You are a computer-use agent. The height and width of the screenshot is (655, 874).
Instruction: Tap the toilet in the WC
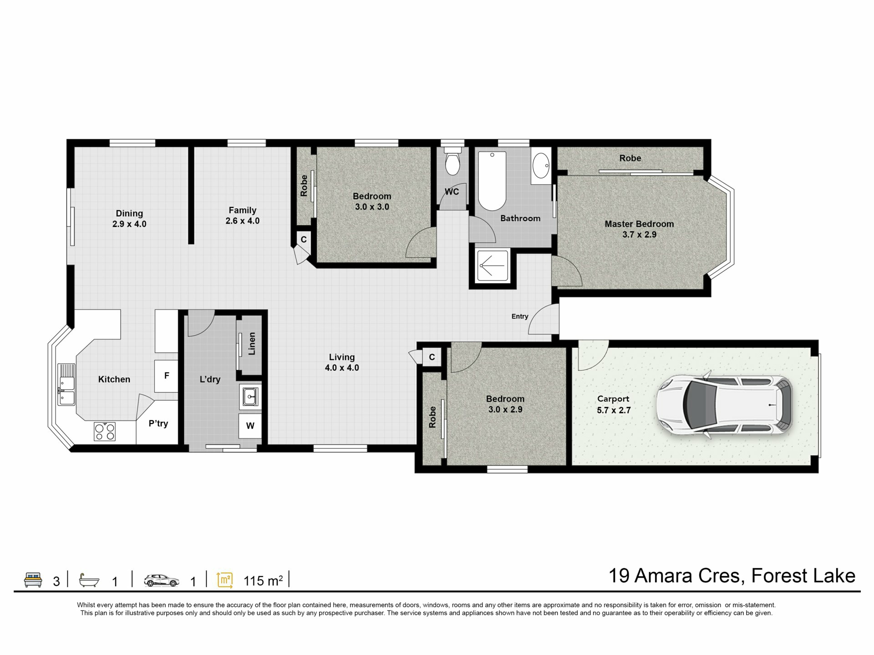[452, 161]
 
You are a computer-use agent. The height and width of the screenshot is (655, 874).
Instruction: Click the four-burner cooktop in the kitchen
[105, 431]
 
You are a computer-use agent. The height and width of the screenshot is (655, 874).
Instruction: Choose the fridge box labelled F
[166, 376]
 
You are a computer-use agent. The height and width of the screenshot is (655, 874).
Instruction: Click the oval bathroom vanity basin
[541, 166]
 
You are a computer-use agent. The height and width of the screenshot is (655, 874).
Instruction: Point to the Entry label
[520, 317]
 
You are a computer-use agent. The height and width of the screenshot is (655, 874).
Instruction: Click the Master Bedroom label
[639, 224]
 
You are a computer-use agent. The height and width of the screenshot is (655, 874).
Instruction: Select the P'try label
[158, 423]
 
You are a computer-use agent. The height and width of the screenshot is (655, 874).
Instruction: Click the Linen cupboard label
[252, 343]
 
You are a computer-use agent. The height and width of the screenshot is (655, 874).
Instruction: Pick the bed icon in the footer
[33, 580]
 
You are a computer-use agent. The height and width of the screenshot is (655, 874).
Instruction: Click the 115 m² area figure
[264, 581]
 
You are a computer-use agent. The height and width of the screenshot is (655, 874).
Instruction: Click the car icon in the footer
[162, 580]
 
